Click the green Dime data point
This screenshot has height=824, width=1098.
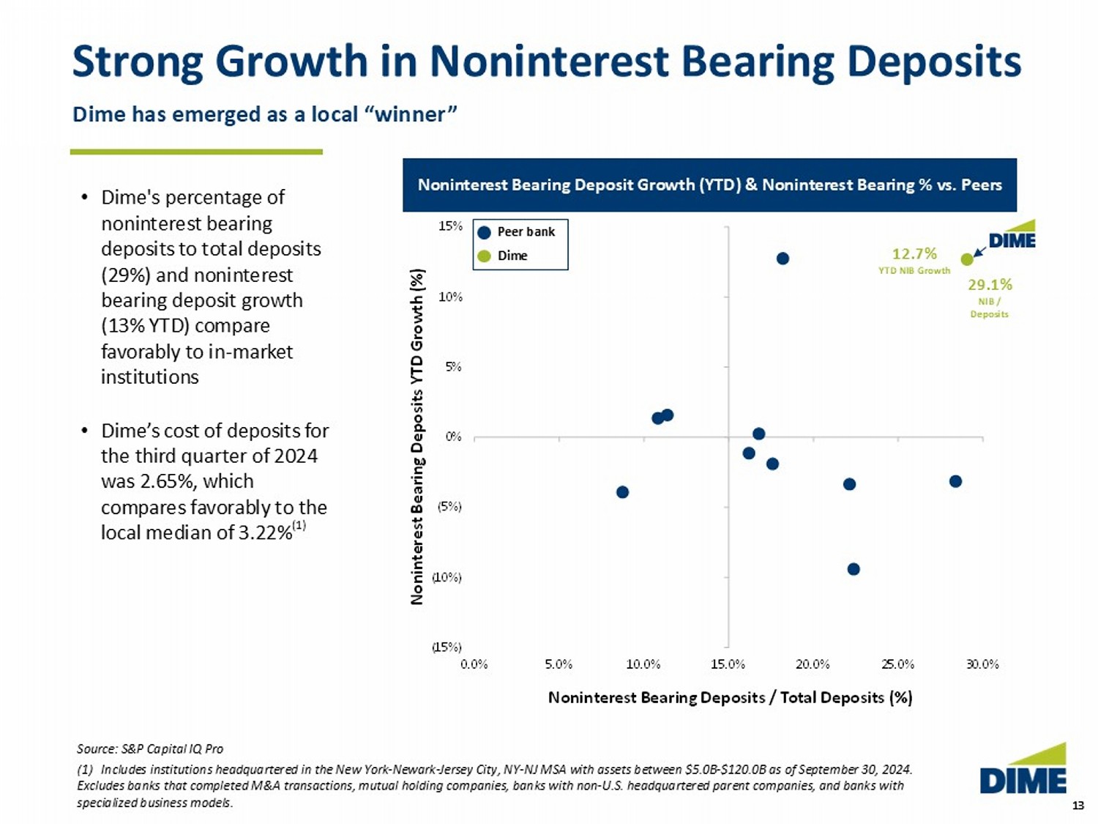pos(967,259)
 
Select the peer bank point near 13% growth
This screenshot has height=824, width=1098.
pos(783,259)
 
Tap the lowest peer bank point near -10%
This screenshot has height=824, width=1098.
pos(854,569)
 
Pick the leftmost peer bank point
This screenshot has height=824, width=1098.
pos(622,492)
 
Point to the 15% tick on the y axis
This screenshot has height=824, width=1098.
pos(450,226)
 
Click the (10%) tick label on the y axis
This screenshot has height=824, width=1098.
pos(447,577)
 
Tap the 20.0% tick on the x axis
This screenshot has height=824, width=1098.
pos(813,664)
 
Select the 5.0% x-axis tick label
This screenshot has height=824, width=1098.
pos(559,664)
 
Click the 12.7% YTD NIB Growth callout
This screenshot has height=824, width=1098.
pos(914,259)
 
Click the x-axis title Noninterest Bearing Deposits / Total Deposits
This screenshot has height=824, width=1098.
pos(730,697)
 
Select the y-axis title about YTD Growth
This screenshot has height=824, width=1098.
pos(417,437)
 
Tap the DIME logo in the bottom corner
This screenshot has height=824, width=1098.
pos(1023,771)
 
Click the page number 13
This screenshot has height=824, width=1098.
pos(1078,806)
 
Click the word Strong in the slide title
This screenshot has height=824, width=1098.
pos(138,61)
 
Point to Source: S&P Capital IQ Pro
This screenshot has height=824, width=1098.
pos(150,749)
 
